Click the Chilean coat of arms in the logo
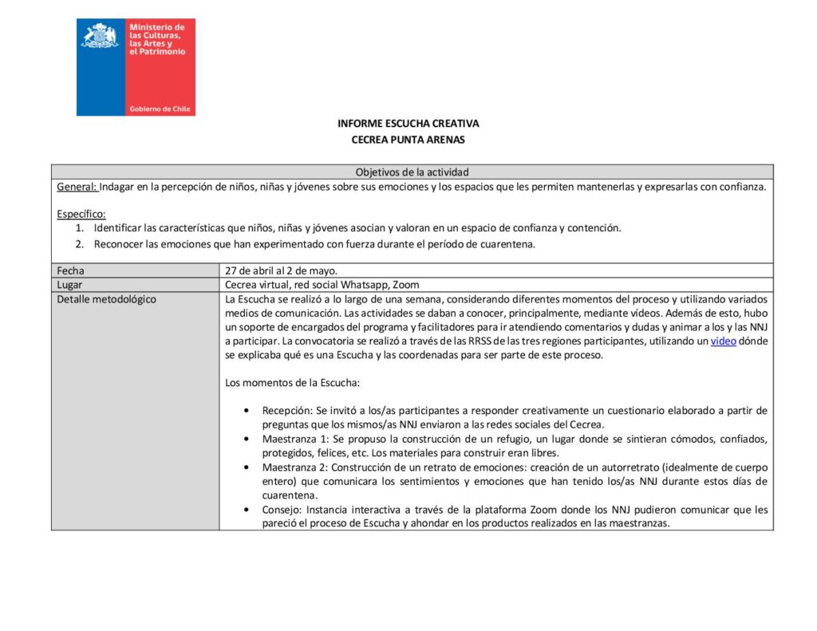pyautogui.click(x=101, y=37)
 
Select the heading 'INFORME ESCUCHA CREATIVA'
pyautogui.click(x=408, y=124)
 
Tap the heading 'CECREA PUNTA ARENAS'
pyautogui.click(x=408, y=140)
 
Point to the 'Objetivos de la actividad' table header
pyautogui.click(x=412, y=172)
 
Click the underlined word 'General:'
pyautogui.click(x=77, y=187)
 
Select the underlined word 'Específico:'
pyautogui.click(x=81, y=214)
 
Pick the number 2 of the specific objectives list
pyautogui.click(x=79, y=244)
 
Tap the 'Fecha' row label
pyautogui.click(x=70, y=270)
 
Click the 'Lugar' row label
pyautogui.click(x=70, y=285)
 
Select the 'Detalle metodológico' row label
pyautogui.click(x=106, y=299)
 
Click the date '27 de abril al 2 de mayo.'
pyautogui.click(x=281, y=270)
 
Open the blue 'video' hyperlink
pyautogui.click(x=724, y=341)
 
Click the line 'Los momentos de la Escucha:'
pyautogui.click(x=292, y=383)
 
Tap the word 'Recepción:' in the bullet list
pyautogui.click(x=287, y=410)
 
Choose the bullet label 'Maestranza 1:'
pyautogui.click(x=295, y=439)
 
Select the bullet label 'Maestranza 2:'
pyautogui.click(x=295, y=467)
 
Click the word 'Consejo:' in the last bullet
pyautogui.click(x=283, y=509)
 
